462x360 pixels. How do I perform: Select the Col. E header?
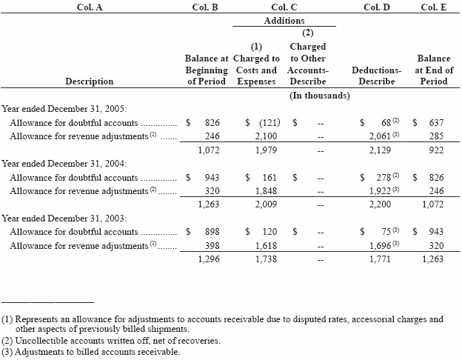tap(433, 7)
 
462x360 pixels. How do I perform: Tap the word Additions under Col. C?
tap(284, 21)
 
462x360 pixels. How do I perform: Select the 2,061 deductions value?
tap(378, 136)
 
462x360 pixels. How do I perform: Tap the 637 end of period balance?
tap(436, 122)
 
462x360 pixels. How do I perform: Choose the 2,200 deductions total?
tap(381, 204)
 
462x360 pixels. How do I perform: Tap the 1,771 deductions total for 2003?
tap(381, 259)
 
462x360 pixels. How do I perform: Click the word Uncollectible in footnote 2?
tap(39, 341)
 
